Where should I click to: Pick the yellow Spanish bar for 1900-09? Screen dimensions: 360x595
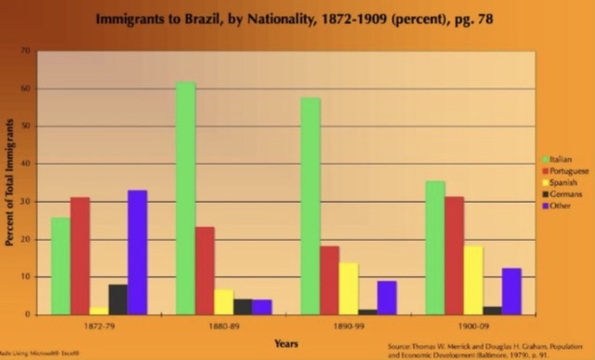(473, 280)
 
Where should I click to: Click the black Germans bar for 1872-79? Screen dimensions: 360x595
(118, 300)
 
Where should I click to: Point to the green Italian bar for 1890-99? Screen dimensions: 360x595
(311, 206)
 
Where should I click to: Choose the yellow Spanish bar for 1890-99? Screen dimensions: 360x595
(349, 288)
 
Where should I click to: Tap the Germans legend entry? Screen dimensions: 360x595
(563, 193)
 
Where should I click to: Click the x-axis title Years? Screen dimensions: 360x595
(286, 343)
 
